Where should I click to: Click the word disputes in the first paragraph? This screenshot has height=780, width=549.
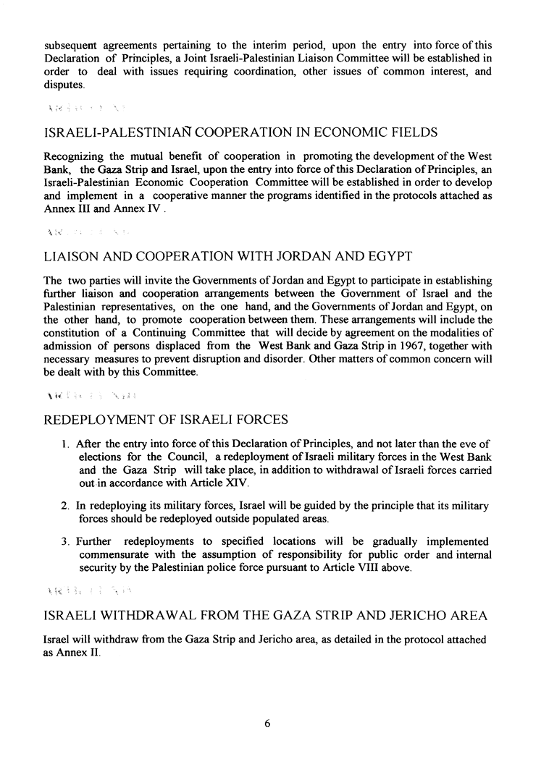point(64,85)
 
